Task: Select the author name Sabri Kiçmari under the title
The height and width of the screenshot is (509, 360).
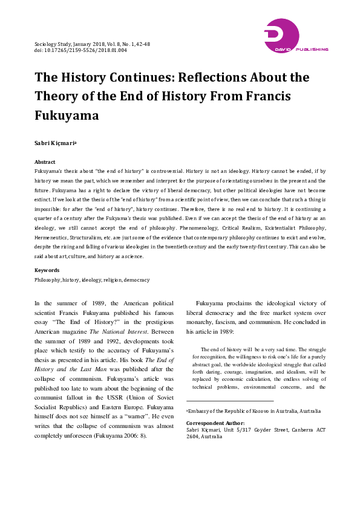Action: (56, 143)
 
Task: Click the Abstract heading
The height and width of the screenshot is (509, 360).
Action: (45, 163)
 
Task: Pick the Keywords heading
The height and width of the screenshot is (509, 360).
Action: (47, 270)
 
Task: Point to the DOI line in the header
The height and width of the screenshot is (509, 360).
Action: (80, 51)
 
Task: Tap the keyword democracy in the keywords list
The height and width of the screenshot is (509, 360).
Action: (137, 280)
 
